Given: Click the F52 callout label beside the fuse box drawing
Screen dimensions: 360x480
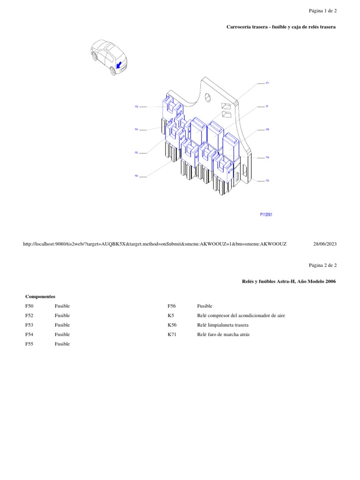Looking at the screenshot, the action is (136, 107).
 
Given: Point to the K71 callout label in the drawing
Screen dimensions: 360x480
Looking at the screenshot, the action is (267, 83).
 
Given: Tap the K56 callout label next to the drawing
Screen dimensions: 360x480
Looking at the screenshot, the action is (267, 129).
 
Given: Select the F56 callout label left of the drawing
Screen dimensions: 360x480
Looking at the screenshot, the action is (136, 176).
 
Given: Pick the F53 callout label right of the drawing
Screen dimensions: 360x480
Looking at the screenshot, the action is (267, 180).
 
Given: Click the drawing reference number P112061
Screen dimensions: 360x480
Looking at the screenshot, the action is (266, 215).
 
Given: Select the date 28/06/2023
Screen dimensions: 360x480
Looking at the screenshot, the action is (324, 244).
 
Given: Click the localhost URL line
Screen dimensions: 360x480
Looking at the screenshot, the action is (155, 244).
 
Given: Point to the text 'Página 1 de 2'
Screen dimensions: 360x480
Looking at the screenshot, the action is (322, 10).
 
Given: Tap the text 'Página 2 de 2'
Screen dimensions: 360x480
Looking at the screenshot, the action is (322, 265).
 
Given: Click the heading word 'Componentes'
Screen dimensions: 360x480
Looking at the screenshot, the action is (40, 297).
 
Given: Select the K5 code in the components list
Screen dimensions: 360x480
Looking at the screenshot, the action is (171, 315).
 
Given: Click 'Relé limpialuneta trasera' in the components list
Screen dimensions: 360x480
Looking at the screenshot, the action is (223, 325).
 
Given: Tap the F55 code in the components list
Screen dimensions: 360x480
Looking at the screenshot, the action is (30, 344).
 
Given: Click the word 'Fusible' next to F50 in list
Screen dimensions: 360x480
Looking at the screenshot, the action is (62, 306).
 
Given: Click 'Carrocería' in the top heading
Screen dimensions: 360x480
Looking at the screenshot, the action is (240, 27).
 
